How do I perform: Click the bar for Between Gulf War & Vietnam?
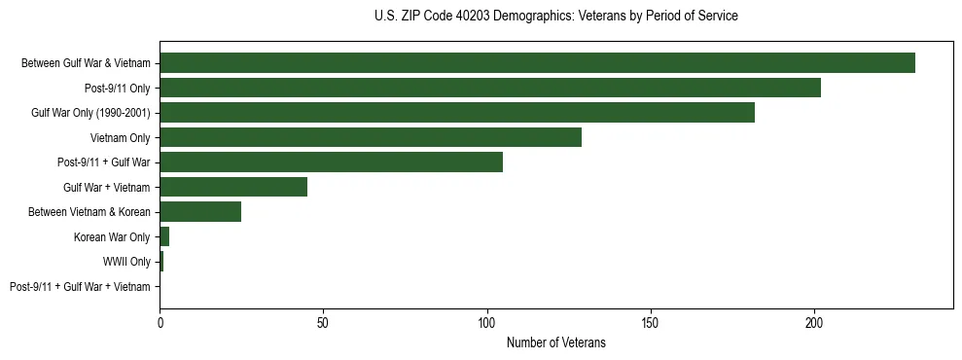537,63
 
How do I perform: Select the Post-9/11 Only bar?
490,88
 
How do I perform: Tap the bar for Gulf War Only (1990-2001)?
457,113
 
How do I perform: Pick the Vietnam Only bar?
371,137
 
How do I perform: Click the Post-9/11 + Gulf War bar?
332,162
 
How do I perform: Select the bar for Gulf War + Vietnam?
233,187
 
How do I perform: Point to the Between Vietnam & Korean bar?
200,212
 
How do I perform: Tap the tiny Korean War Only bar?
164,236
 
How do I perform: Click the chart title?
555,17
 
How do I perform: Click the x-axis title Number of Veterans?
555,342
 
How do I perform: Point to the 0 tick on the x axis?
160,320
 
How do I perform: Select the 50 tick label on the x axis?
323,320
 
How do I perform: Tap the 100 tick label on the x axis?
487,320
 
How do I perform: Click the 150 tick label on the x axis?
651,320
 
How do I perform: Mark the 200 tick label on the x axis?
814,320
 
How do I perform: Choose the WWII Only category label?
126,262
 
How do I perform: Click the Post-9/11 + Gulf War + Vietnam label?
80,287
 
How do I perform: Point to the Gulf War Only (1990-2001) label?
90,113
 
